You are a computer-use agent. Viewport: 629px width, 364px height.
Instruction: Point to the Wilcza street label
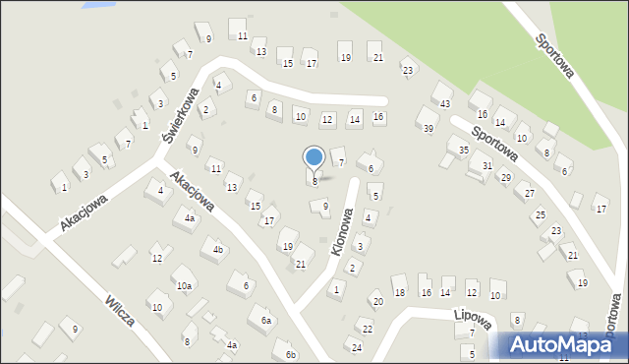(121, 308)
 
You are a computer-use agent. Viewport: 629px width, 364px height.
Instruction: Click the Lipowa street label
(473, 317)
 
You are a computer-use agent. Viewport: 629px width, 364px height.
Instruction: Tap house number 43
(445, 103)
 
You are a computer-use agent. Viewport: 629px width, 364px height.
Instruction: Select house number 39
(428, 129)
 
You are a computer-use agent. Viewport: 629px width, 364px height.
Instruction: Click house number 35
(463, 150)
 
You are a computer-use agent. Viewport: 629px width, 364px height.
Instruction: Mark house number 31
(486, 165)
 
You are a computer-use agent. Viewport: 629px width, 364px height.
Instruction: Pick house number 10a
(186, 285)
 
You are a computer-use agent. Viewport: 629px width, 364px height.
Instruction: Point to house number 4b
(218, 250)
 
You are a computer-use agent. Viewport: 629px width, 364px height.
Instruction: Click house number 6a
(265, 321)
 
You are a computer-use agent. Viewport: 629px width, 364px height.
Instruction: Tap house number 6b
(290, 354)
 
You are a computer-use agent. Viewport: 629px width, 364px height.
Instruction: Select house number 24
(357, 348)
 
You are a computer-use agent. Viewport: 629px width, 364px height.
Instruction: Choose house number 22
(368, 329)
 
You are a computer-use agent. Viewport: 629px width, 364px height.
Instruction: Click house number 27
(530, 193)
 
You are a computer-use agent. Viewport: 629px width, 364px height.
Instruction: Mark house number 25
(540, 214)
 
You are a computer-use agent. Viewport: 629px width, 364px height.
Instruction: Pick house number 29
(506, 177)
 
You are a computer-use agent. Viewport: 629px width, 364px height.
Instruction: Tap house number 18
(399, 292)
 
